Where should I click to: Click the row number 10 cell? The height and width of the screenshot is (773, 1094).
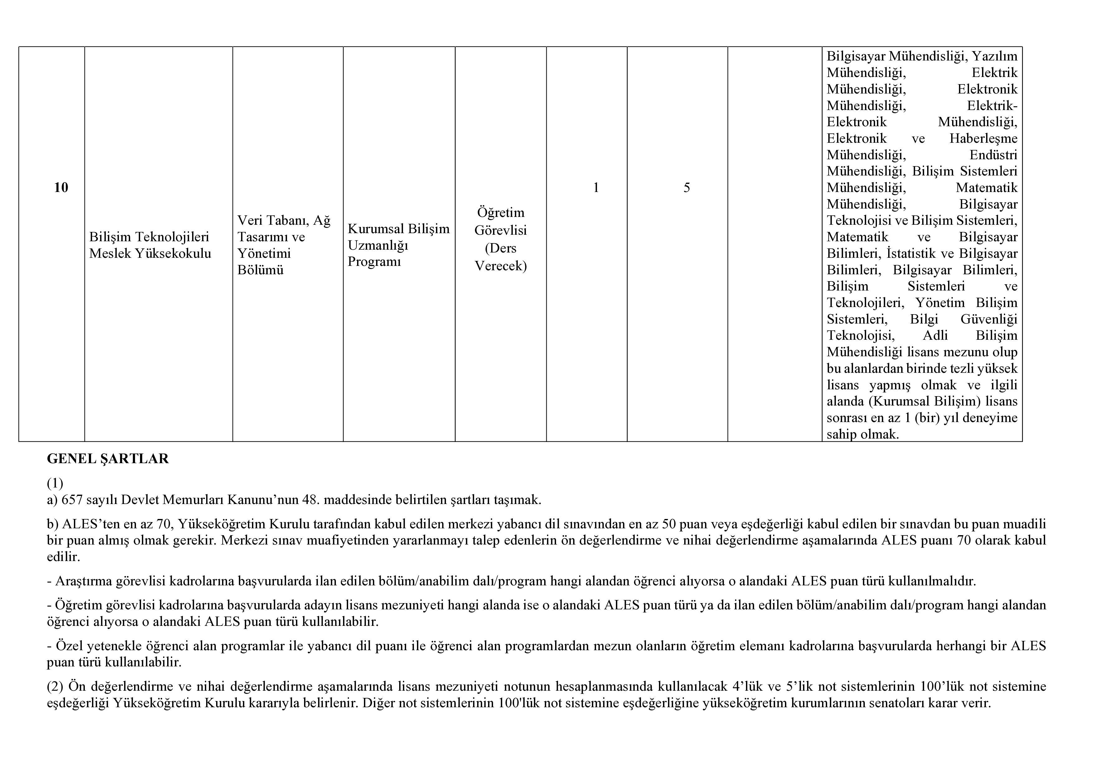[61, 188]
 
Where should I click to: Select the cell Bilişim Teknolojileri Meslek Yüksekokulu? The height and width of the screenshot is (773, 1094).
[150, 245]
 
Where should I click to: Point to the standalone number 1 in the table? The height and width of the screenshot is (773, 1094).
[596, 188]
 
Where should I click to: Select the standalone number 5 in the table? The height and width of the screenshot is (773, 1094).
[687, 188]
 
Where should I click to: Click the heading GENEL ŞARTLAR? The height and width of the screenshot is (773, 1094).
[108, 459]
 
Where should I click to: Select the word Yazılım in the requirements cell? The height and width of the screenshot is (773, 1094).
[995, 56]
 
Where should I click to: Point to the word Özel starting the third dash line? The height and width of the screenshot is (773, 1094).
[69, 646]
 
